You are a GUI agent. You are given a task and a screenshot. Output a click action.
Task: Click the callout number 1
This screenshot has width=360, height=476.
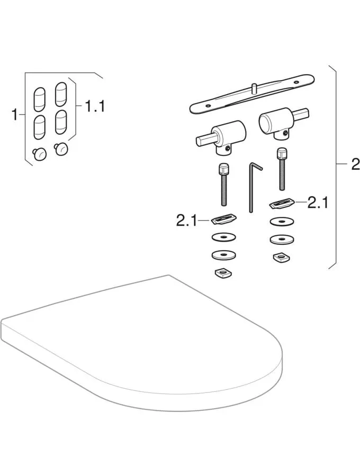15,113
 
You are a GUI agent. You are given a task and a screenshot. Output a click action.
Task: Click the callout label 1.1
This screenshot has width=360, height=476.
95,106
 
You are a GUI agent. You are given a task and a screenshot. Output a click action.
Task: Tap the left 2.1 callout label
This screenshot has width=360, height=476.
186,219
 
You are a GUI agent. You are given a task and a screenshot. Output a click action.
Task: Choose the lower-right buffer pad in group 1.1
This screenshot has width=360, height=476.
61,121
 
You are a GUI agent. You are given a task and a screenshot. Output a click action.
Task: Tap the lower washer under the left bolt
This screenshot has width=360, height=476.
224,255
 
